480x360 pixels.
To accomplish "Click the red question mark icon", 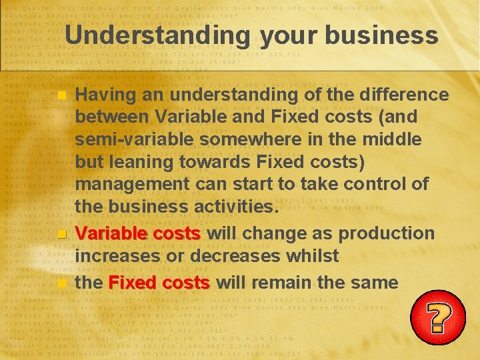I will (437, 317).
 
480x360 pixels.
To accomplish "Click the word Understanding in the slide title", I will (157, 35).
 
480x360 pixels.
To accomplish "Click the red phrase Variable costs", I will (138, 233).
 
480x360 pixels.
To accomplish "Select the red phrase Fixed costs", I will (159, 282).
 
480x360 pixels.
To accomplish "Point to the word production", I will (387, 233).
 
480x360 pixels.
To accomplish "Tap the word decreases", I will (248, 255).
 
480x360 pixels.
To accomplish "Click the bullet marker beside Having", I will (62, 96).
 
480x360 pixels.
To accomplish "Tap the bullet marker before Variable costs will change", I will (62, 234).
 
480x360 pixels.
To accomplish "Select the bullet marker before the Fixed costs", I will (62, 283).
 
